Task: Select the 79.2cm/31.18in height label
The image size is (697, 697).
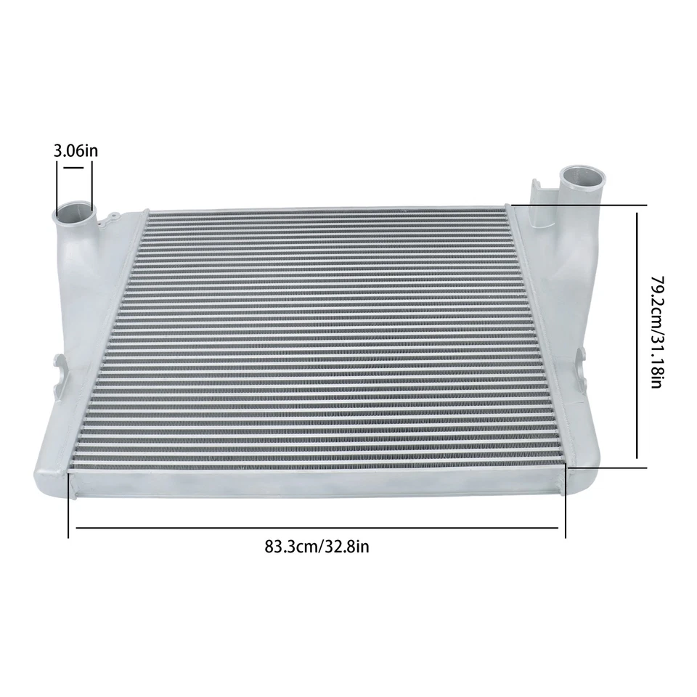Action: pyautogui.click(x=656, y=331)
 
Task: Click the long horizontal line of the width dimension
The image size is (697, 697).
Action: pyautogui.click(x=317, y=528)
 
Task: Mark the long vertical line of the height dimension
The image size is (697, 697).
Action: pyautogui.click(x=637, y=334)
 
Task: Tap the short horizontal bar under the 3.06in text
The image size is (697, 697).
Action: pyautogui.click(x=75, y=167)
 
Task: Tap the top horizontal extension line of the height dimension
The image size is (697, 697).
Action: pyautogui.click(x=581, y=205)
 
